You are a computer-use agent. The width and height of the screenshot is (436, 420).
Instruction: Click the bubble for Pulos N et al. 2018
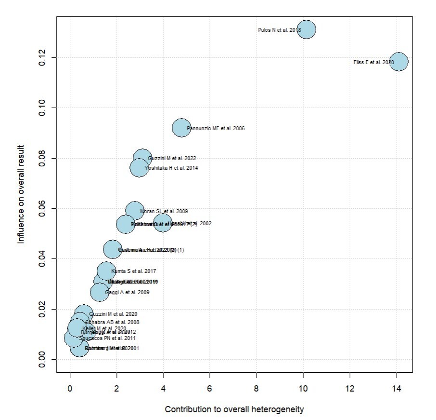pyautogui.click(x=306, y=30)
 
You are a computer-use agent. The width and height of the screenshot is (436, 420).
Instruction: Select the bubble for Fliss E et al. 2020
pyautogui.click(x=398, y=62)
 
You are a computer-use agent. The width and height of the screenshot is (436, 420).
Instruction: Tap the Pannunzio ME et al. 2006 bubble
pyautogui.click(x=181, y=128)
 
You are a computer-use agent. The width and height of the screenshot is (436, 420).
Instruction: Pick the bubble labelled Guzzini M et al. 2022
pyautogui.click(x=142, y=158)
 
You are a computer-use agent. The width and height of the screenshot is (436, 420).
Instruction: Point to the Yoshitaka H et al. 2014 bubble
pyautogui.click(x=139, y=168)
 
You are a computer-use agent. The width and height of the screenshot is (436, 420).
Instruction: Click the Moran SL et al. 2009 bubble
pyautogui.click(x=135, y=211)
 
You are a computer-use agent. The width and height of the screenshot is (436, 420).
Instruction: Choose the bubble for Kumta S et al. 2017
pyautogui.click(x=106, y=271)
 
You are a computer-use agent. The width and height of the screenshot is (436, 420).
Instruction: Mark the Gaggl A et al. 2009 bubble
pyautogui.click(x=100, y=292)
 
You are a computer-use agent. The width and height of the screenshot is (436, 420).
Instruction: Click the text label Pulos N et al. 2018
pyautogui.click(x=280, y=30)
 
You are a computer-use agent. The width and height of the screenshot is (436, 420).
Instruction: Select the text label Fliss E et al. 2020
pyautogui.click(x=373, y=62)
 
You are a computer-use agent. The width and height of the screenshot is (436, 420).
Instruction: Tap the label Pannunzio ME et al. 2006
pyautogui.click(x=216, y=129)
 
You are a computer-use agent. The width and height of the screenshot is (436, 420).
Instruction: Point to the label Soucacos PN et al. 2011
pyautogui.click(x=107, y=338)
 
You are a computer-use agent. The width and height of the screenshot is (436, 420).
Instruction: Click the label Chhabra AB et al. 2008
pyautogui.click(x=112, y=322)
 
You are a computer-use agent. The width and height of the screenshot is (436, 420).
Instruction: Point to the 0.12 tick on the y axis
pyautogui.click(x=42, y=57)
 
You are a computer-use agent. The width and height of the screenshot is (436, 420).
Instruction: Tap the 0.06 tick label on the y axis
pyautogui.click(x=42, y=208)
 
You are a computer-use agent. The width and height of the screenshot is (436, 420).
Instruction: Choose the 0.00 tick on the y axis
pyautogui.click(x=42, y=359)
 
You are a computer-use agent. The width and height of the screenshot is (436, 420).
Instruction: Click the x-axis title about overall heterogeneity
pyautogui.click(x=234, y=409)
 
